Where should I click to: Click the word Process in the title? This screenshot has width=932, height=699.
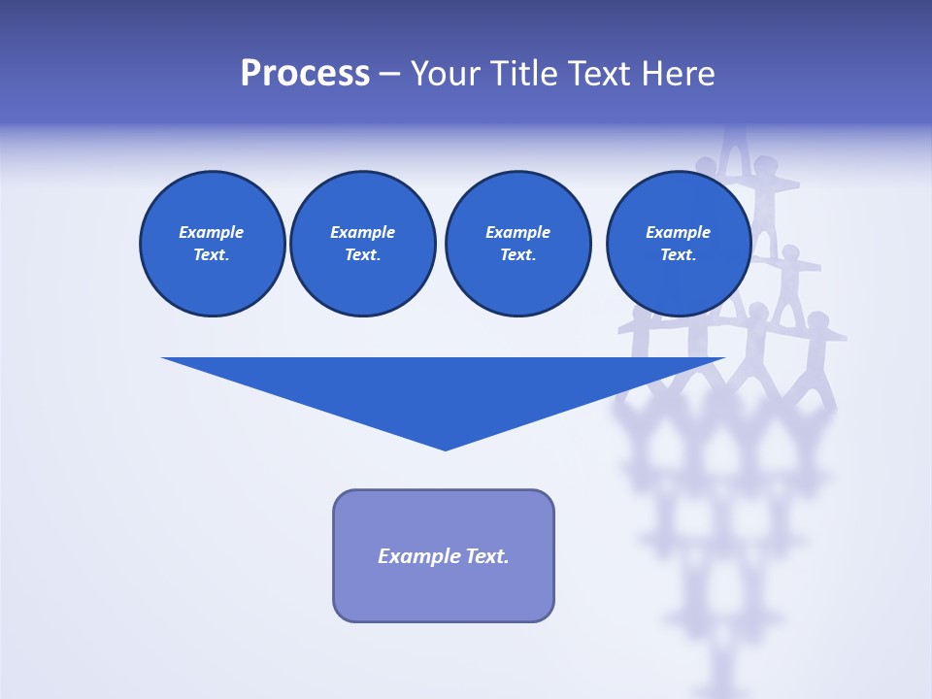pos(305,74)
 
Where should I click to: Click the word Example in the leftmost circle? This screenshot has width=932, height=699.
pos(212,232)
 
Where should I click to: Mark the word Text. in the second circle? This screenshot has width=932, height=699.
pos(362,255)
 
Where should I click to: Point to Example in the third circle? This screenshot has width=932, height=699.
pos(517,232)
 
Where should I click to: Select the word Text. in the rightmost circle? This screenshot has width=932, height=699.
pos(678,255)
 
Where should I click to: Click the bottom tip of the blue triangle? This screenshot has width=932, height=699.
pos(445,448)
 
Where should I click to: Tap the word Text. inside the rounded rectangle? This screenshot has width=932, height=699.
pos(487,556)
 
